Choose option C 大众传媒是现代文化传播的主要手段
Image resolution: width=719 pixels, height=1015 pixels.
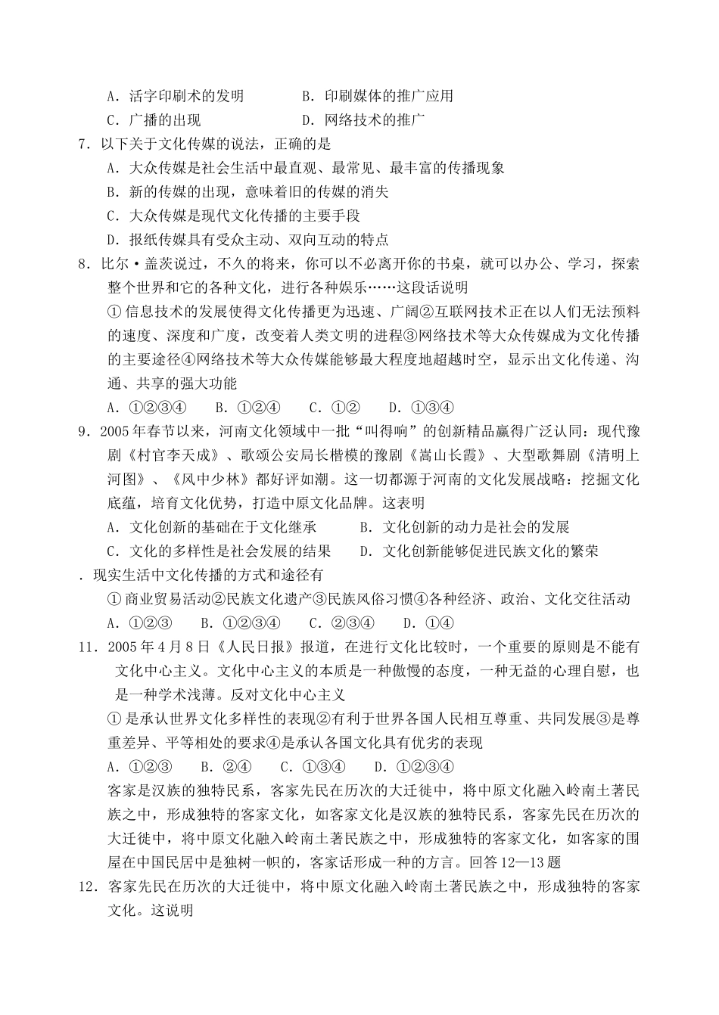pyautogui.click(x=233, y=216)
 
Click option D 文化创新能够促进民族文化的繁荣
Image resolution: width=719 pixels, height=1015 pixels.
pyautogui.click(x=479, y=551)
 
